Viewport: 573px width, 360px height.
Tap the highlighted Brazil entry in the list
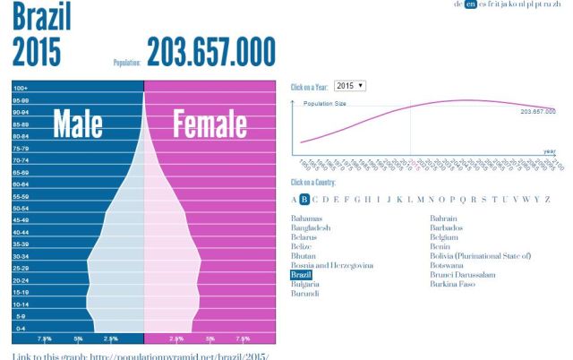pos(302,275)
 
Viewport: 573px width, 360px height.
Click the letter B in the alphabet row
pos(304,199)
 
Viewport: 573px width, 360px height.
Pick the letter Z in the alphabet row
pos(547,199)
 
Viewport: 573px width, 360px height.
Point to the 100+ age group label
pos(21,89)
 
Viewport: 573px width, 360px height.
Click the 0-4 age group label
pos(20,328)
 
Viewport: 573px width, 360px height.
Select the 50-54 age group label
pos(21,208)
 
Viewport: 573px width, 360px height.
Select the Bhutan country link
pos(305,256)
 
